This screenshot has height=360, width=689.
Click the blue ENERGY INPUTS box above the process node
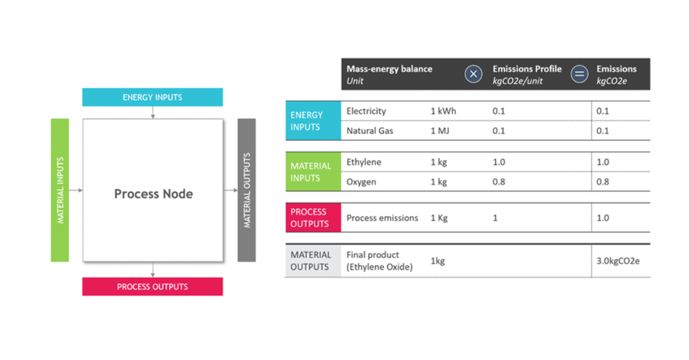[x=152, y=97]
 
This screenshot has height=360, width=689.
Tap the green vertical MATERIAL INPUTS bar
[x=60, y=190]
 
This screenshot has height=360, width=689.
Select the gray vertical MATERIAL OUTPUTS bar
[x=247, y=190]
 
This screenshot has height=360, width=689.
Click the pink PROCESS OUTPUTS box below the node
[x=152, y=287]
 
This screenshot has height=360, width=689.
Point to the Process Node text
[x=153, y=194]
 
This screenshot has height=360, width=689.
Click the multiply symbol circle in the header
[x=473, y=74]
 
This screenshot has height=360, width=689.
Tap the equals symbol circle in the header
[x=579, y=74]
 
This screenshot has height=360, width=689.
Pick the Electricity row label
[x=366, y=111]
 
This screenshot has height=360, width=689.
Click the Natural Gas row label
[x=370, y=131]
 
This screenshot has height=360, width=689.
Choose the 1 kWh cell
[x=443, y=111]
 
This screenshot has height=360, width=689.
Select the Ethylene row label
[x=364, y=162]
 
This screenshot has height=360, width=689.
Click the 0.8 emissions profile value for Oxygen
[x=499, y=182]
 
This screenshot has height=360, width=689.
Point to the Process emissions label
[x=382, y=218]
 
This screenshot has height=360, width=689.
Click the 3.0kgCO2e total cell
[x=618, y=261]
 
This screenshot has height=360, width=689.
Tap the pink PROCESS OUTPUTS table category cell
[x=313, y=218]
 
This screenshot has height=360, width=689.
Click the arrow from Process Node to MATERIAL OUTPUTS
[x=230, y=190]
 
